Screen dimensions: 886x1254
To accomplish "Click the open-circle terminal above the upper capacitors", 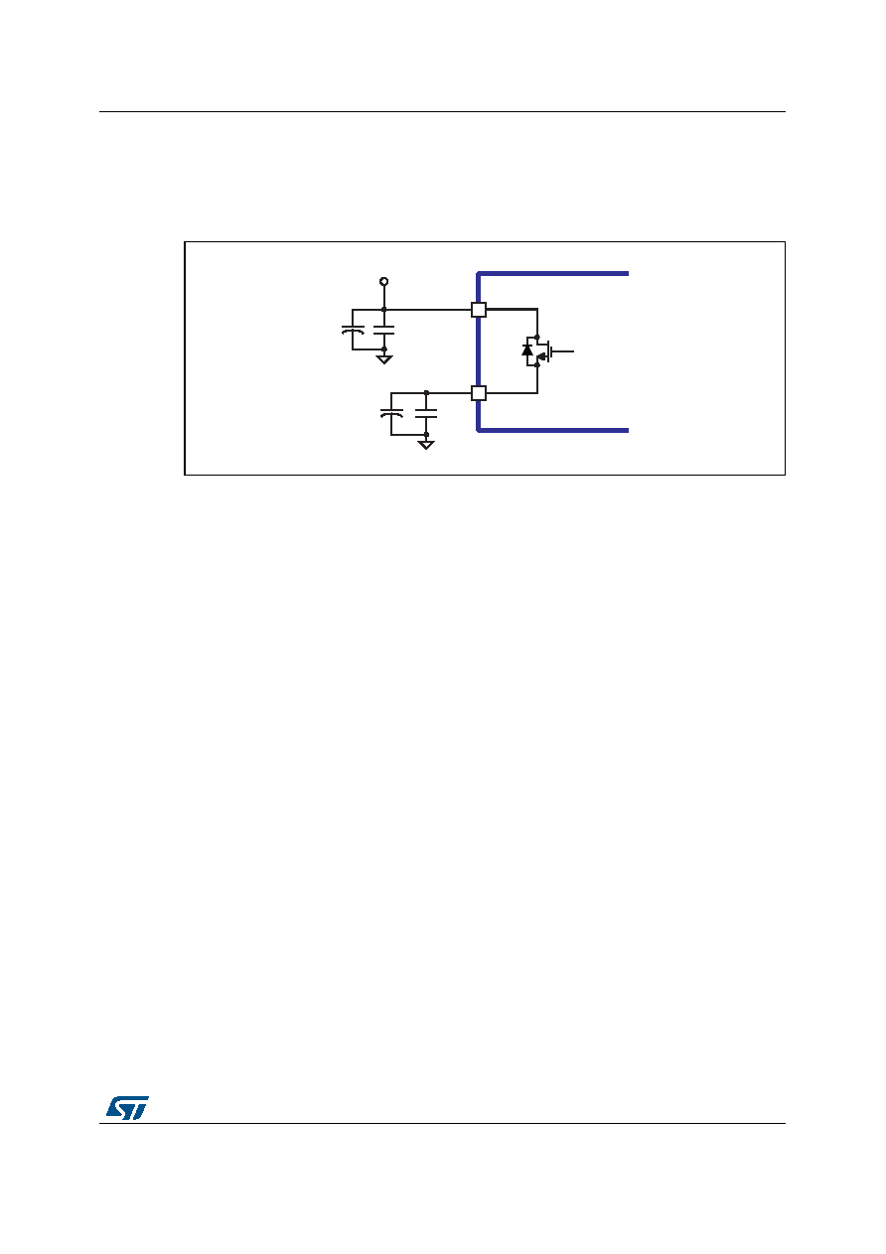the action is tap(383, 281).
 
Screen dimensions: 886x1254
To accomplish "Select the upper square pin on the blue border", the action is tap(479, 310).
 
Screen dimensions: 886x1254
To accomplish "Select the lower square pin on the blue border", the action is tap(479, 393).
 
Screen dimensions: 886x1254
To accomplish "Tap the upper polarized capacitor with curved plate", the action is tap(353, 330).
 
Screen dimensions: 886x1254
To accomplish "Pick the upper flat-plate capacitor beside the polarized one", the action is tap(383, 330).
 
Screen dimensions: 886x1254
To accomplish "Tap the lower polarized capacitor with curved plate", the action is tap(391, 413).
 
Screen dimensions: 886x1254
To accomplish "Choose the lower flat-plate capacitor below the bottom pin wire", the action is tap(426, 413).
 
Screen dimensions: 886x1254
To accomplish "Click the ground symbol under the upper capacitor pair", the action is tap(383, 359).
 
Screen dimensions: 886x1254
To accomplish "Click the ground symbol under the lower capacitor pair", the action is tap(426, 445).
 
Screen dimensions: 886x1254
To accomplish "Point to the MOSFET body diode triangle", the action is tap(527, 349).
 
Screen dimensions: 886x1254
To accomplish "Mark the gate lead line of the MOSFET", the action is tap(563, 351).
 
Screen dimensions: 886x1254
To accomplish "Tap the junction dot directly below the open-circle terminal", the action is tap(383, 309).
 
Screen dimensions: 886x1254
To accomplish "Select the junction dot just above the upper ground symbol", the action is tap(383, 349).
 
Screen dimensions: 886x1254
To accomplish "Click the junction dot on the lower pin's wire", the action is tap(426, 393).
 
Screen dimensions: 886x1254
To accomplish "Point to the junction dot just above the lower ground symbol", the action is tap(426, 435).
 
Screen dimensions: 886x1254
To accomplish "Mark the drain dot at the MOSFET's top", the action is tap(537, 337).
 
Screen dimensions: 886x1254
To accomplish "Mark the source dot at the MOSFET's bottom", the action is tap(537, 365).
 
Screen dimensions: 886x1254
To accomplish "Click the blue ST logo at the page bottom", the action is tap(128, 1108).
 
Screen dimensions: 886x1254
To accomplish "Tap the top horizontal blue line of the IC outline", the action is tap(553, 274).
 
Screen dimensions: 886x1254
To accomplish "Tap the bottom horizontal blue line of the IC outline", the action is tap(553, 431).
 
